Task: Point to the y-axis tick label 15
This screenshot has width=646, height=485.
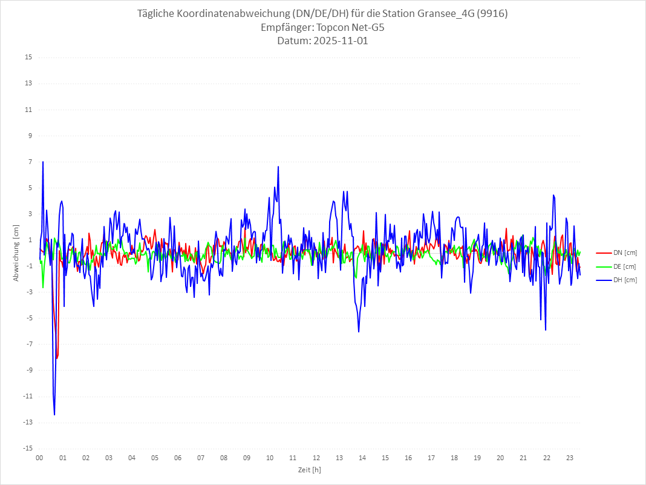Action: [28, 58]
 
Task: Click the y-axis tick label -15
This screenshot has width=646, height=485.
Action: [27, 449]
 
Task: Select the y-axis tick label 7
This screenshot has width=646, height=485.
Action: [30, 162]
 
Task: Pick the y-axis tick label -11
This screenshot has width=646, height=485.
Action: [27, 397]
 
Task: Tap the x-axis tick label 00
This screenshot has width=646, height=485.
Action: [39, 458]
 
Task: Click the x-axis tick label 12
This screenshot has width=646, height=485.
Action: [316, 458]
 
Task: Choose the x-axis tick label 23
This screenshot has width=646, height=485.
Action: [569, 458]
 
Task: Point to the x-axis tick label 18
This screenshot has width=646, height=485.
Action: [454, 458]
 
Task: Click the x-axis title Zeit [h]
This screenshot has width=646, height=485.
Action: [309, 469]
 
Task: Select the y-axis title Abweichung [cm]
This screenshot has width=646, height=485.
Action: [16, 253]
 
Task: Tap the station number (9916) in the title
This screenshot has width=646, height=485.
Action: [492, 13]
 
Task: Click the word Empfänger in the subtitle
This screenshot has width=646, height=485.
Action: [287, 27]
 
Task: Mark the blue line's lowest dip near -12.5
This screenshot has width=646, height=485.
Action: [54, 415]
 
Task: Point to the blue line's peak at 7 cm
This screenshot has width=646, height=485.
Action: [43, 162]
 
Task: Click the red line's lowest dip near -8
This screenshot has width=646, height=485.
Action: [57, 358]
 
